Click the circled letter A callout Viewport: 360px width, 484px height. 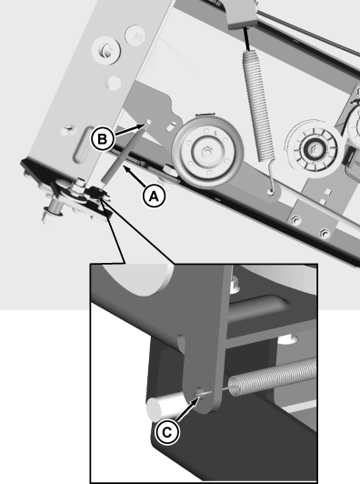pos(154,196)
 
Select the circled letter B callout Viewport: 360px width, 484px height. pos(103,139)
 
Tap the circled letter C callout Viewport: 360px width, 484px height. pos(167,432)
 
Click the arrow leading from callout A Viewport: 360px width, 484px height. pos(134,176)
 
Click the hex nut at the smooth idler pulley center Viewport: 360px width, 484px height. pos(205,152)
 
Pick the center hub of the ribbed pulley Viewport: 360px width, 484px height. pos(315,150)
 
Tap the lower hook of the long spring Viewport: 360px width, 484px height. pos(271,179)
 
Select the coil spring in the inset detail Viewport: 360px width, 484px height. pos(275,376)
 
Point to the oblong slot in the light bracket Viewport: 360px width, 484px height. pos(81,144)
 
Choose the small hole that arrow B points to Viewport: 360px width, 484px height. pos(148,122)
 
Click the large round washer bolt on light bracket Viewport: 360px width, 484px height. pos(106,50)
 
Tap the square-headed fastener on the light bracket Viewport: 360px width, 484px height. pos(135,35)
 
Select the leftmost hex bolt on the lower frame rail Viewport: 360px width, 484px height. pos(296,220)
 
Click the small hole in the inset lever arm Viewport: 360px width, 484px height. pos(199,392)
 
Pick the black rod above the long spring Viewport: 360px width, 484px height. pos(246,38)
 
